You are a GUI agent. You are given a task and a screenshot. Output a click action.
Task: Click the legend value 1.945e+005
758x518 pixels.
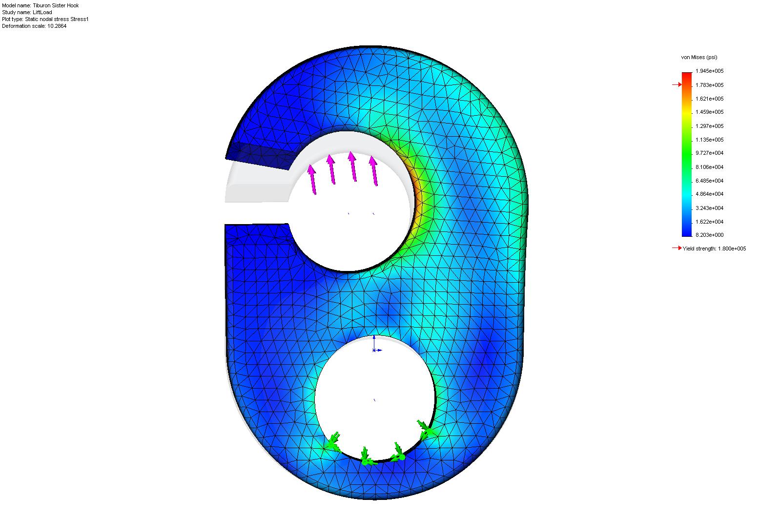(x=709, y=71)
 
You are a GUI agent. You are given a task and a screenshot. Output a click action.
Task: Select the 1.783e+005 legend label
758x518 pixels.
(x=709, y=85)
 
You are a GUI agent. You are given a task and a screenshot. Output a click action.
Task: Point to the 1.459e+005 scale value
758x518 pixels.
(x=709, y=112)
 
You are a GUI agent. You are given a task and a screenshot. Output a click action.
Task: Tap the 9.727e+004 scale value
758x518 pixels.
(x=709, y=153)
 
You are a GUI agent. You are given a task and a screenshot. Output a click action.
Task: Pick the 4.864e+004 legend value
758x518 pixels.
(x=709, y=194)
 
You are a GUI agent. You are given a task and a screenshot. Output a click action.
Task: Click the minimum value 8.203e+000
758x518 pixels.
(x=709, y=235)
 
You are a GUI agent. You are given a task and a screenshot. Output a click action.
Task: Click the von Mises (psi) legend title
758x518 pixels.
(x=699, y=57)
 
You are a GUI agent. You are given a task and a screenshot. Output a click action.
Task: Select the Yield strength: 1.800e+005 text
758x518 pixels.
(x=715, y=249)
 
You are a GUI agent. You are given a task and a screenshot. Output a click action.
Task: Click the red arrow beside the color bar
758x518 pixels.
(x=677, y=84)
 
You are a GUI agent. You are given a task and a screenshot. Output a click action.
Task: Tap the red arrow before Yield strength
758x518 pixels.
(x=677, y=248)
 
